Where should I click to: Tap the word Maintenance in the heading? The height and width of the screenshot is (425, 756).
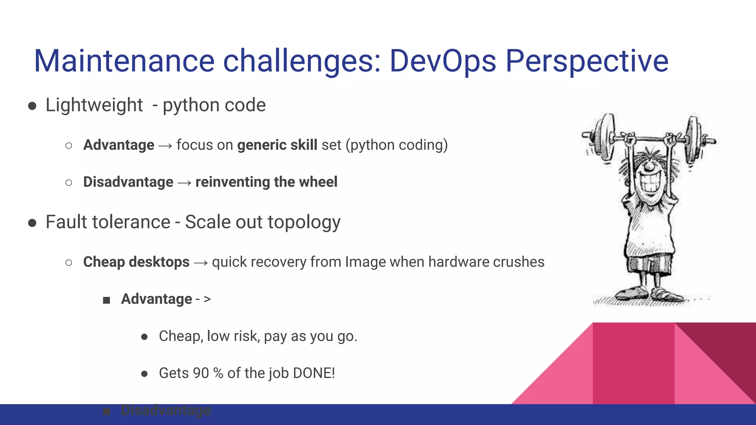point(124,61)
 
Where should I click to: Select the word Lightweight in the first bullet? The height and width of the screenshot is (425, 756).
point(94,105)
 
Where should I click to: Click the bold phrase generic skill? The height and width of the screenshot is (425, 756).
point(277,145)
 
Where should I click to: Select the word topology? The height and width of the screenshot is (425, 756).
point(304,222)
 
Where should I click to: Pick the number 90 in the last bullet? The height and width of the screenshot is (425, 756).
point(201,373)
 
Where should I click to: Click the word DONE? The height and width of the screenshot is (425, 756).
point(314,373)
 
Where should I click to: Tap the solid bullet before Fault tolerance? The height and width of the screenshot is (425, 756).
point(32,223)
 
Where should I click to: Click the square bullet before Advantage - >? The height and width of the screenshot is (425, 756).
point(107,300)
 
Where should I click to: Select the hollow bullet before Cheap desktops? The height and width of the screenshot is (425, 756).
point(69,263)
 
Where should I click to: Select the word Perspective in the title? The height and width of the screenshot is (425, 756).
point(587,61)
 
